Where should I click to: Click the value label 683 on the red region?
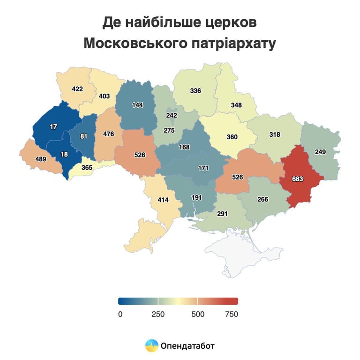298,179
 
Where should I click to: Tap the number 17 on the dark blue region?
54,127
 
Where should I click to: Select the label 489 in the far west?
41,160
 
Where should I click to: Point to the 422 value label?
78,89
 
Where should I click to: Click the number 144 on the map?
137,105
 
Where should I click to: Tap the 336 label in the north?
195,90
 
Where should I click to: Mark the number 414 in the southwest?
163,200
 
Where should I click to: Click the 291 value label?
222,214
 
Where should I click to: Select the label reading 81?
84,137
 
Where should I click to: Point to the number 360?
232,137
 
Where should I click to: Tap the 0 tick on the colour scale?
120,314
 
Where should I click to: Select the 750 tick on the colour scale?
232,314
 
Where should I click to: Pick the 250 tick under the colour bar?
158,314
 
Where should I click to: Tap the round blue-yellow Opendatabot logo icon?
151,346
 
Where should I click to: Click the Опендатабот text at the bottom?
187,346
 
